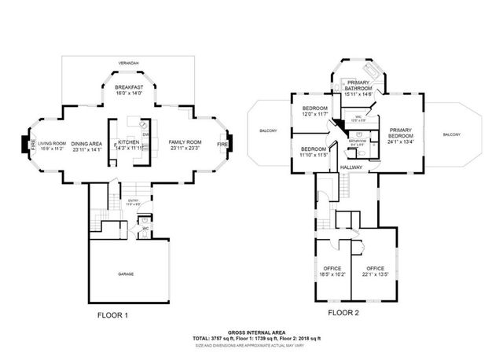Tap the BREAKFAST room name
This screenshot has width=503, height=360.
pos(127,86)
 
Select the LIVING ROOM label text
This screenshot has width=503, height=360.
pos(52,143)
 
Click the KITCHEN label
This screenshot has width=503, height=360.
pos(128,142)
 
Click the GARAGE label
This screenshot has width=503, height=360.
pos(126,274)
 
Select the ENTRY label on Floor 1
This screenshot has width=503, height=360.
pos(133,201)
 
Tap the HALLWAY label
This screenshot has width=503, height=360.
pos(351,168)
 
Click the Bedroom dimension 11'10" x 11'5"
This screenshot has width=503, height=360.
pos(314,155)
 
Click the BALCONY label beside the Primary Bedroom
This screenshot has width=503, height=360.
pos(451,135)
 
